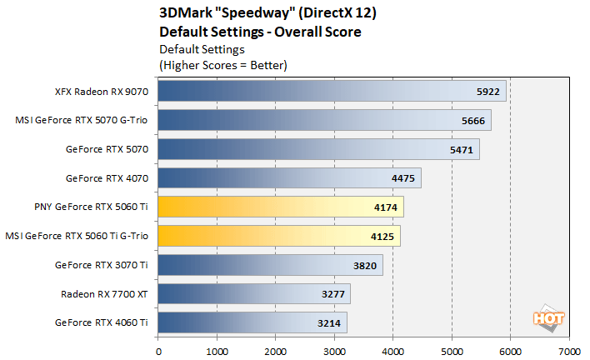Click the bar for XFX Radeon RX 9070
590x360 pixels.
[331, 91]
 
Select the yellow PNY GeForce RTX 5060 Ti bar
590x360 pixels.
[281, 207]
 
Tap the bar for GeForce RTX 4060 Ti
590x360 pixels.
[252, 322]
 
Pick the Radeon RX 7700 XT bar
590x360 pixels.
[253, 293]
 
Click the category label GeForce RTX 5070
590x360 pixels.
[107, 149]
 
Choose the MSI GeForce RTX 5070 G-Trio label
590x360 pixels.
[82, 120]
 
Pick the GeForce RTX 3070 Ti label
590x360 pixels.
[102, 265]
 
